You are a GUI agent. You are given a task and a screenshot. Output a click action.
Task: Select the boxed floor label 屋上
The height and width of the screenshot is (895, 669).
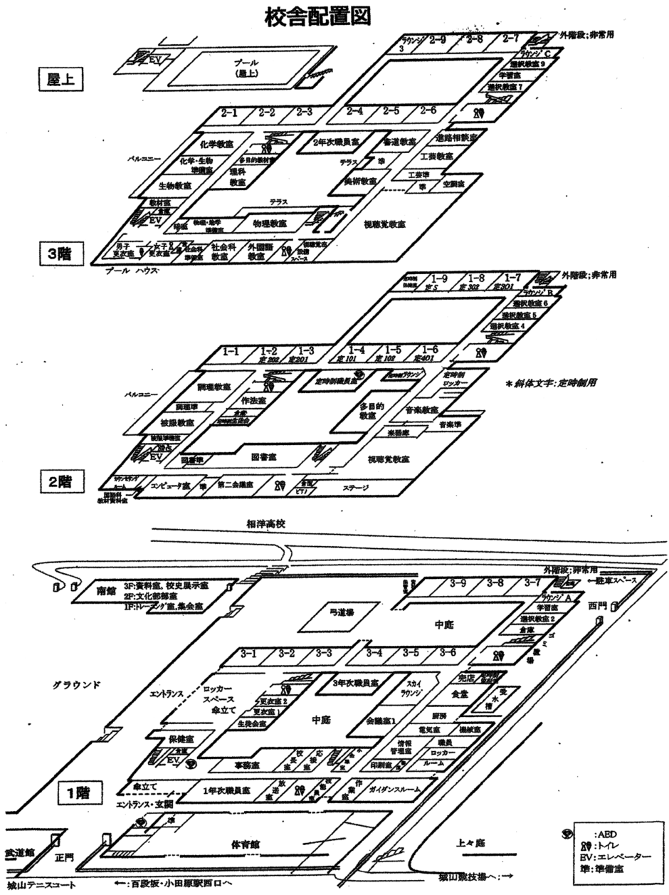click(x=61, y=79)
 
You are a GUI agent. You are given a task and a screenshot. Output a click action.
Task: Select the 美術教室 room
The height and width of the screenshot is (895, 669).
click(x=359, y=181)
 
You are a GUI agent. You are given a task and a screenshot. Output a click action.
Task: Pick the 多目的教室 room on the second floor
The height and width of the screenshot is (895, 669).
click(x=372, y=410)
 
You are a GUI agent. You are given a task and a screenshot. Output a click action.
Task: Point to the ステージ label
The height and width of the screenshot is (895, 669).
click(x=354, y=488)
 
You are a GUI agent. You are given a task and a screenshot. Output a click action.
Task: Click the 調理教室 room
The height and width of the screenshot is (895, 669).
click(x=214, y=387)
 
